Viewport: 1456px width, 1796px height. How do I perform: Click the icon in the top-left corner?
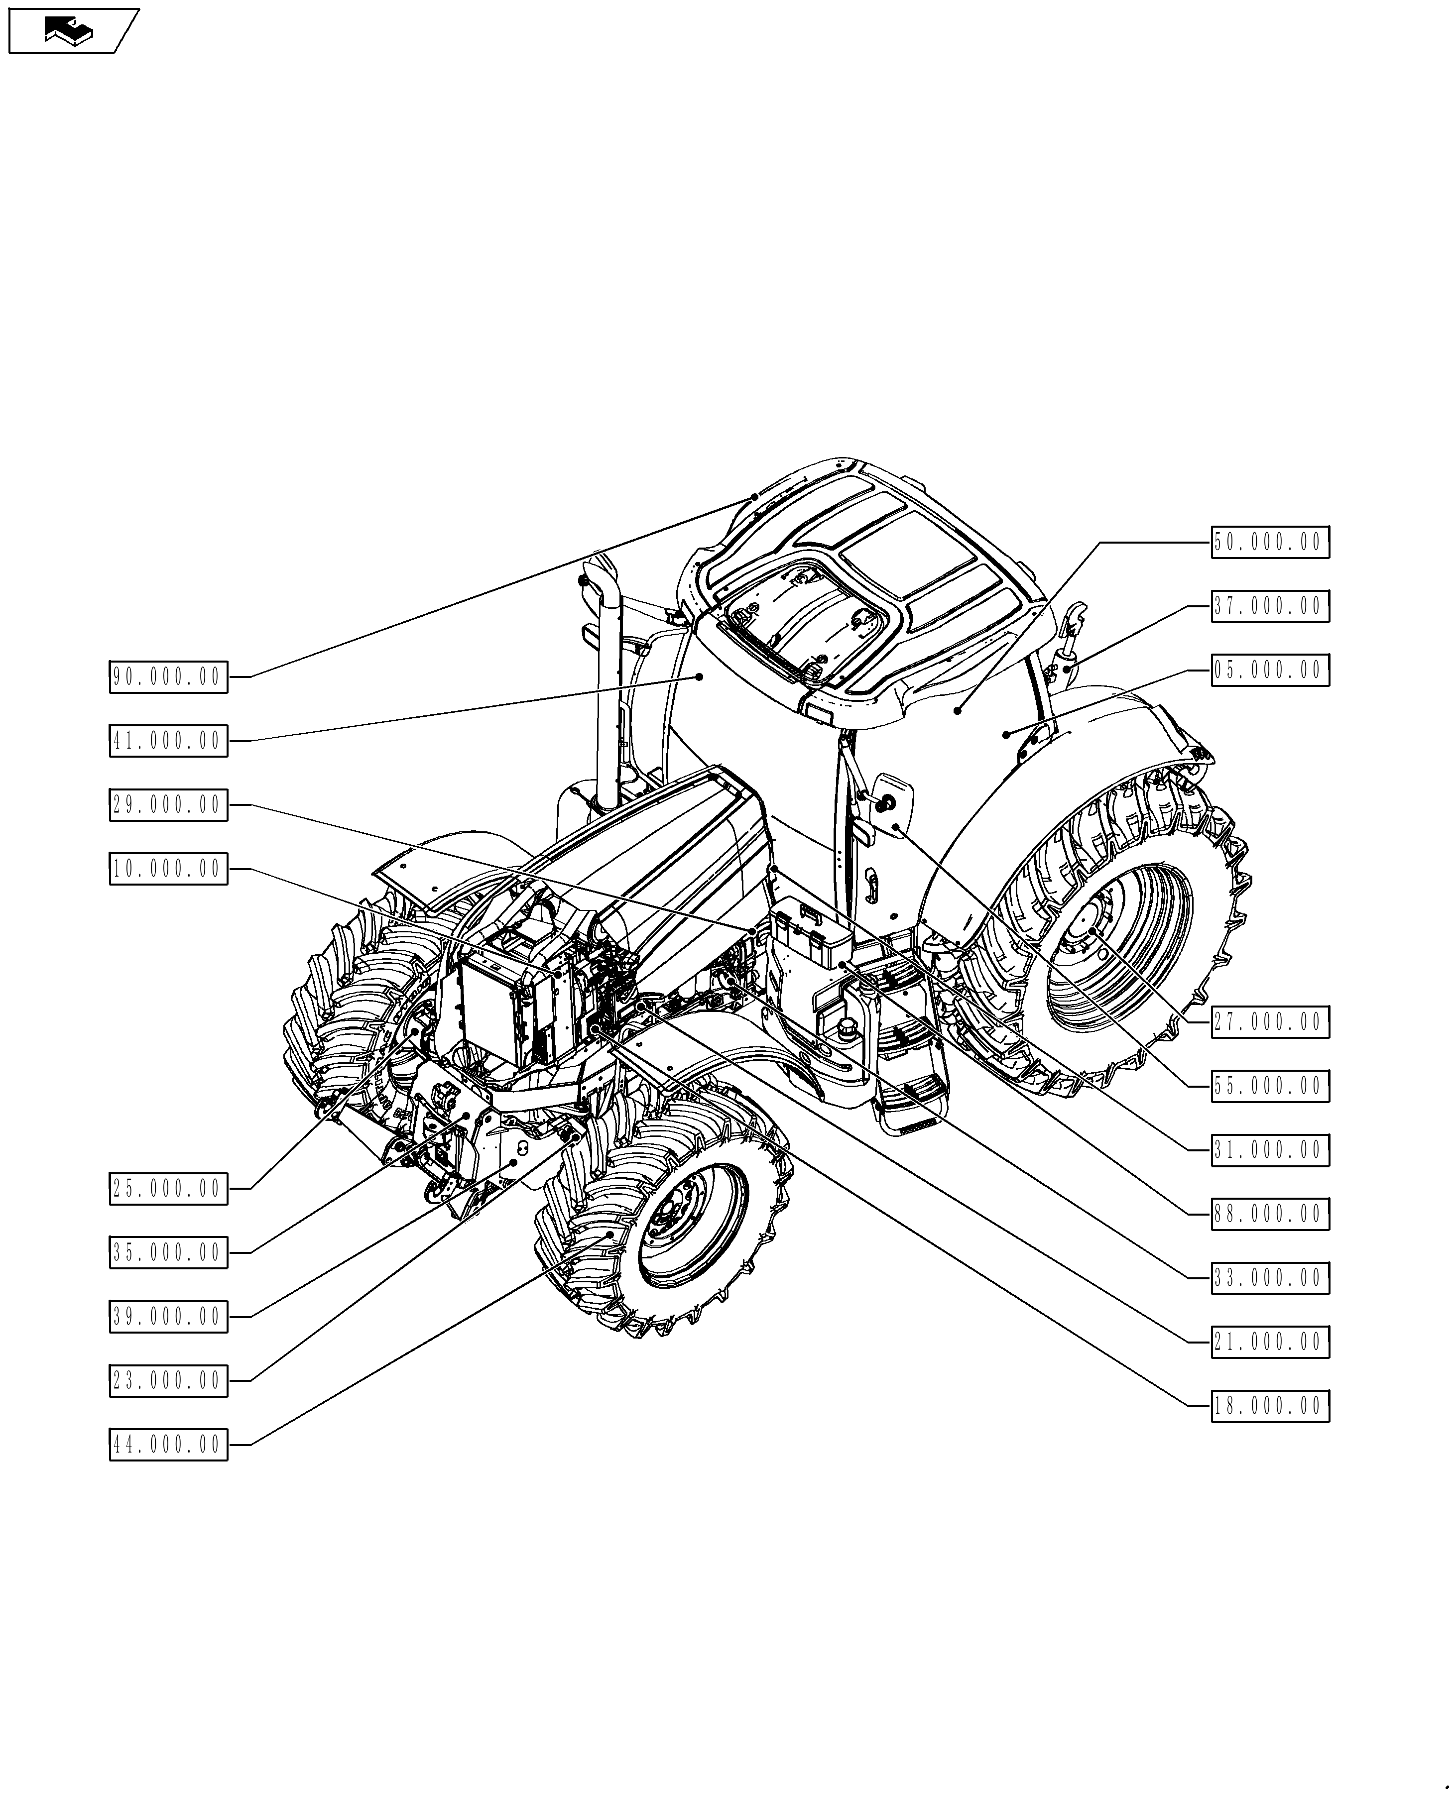pos(71,31)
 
